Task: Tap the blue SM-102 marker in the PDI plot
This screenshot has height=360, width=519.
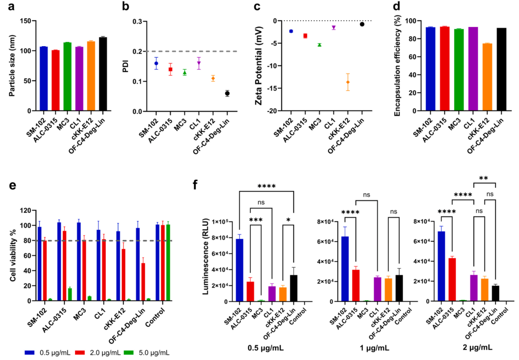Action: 156,63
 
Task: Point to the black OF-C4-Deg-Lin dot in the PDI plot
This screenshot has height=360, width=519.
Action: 227,93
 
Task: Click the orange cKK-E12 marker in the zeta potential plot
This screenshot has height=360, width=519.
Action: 348,82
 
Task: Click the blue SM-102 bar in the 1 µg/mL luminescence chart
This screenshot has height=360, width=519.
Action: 332,269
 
